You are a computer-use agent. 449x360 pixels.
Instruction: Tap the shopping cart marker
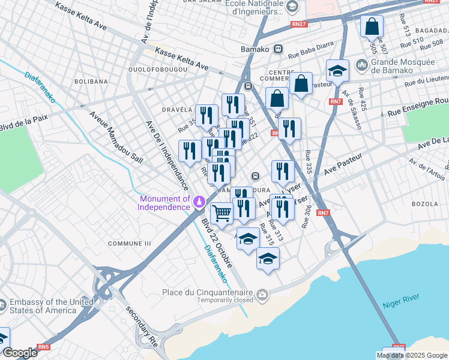(221, 213)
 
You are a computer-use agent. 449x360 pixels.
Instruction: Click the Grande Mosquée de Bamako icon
(362, 64)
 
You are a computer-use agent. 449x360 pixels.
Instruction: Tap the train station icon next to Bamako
(278, 49)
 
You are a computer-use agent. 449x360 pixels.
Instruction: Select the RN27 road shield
(298, 24)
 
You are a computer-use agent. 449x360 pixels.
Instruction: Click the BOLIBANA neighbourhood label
(91, 81)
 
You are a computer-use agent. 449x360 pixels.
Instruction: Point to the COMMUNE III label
(129, 243)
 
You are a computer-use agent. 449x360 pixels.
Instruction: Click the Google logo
(20, 352)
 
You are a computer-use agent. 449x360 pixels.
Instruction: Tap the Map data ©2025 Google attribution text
(411, 355)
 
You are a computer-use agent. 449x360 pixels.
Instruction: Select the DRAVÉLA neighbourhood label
(176, 110)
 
